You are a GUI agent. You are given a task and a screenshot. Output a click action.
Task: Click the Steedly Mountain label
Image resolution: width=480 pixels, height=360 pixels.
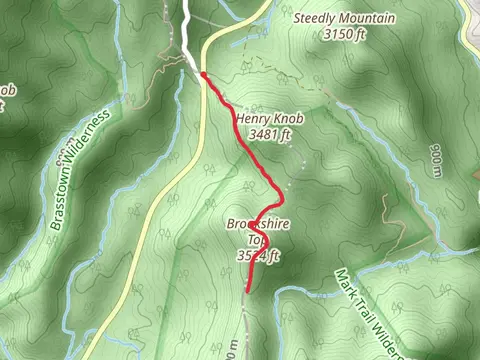click(345, 18)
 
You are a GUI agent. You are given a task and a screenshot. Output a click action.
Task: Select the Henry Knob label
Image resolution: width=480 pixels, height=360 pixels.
click(268, 117)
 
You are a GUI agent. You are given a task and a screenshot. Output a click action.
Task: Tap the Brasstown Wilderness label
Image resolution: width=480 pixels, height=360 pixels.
click(80, 170)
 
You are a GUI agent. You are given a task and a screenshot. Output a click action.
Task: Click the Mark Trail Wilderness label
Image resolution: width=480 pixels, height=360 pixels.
click(369, 311)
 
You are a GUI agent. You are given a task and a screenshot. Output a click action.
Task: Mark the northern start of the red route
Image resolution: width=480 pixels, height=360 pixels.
click(203, 74)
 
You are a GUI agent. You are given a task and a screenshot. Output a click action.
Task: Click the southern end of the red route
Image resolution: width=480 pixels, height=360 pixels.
click(247, 291)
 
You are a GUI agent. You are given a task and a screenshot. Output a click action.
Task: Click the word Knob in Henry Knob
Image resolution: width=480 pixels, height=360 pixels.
click(286, 117)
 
